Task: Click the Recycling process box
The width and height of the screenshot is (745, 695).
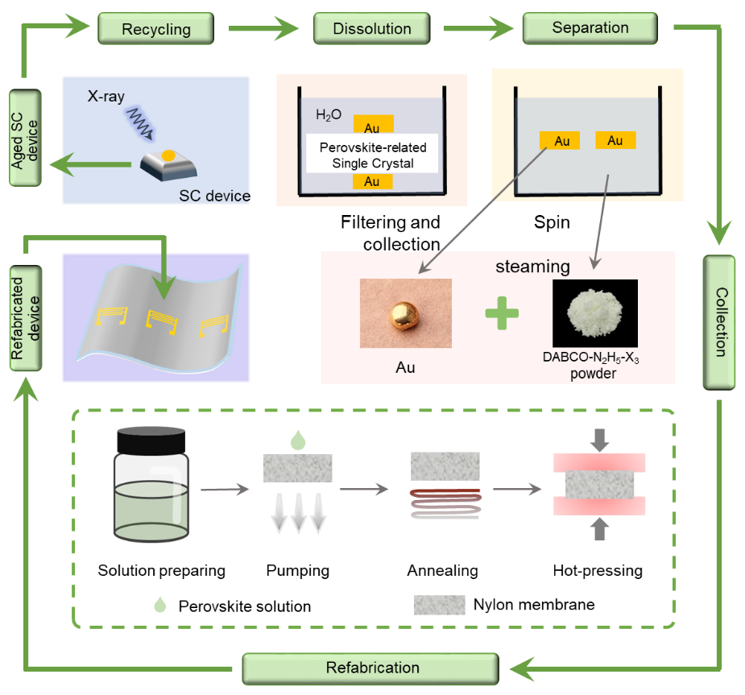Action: tap(156, 30)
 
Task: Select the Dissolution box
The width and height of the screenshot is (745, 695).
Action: tap(373, 29)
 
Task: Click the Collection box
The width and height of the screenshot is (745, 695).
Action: tap(718, 322)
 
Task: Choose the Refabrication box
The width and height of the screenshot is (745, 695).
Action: tap(372, 668)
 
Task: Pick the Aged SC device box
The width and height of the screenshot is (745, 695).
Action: tap(26, 137)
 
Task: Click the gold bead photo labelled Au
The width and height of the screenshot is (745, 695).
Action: tap(405, 312)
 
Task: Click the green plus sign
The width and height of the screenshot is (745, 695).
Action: tap(502, 312)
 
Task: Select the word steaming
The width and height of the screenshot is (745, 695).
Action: tap(532, 267)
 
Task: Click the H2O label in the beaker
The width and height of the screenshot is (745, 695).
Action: tap(329, 115)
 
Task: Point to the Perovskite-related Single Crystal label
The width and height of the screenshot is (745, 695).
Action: tap(372, 155)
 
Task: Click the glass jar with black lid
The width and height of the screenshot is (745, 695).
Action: tap(151, 483)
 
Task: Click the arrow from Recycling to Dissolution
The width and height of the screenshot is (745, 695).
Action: tap(263, 30)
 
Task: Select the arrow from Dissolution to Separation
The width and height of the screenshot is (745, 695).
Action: tap(478, 30)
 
